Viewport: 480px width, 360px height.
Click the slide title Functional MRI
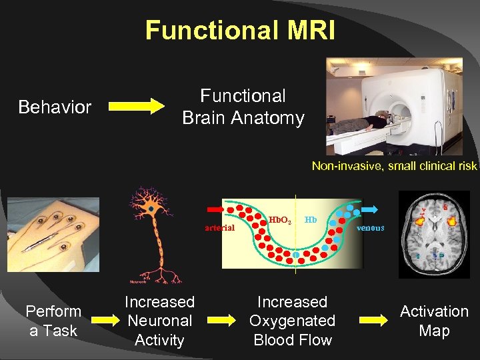240,30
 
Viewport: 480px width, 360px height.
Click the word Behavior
55,107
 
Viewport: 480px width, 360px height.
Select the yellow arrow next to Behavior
136,106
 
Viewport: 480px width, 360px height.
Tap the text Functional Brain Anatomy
243,107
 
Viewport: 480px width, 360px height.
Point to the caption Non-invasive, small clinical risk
395,166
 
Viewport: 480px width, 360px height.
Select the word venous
371,227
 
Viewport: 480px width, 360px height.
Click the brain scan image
434,234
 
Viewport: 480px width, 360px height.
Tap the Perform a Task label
53,321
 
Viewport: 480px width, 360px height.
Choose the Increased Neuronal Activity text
159,321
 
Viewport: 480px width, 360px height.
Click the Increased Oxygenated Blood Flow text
292,321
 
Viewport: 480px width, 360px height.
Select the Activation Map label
434,321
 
